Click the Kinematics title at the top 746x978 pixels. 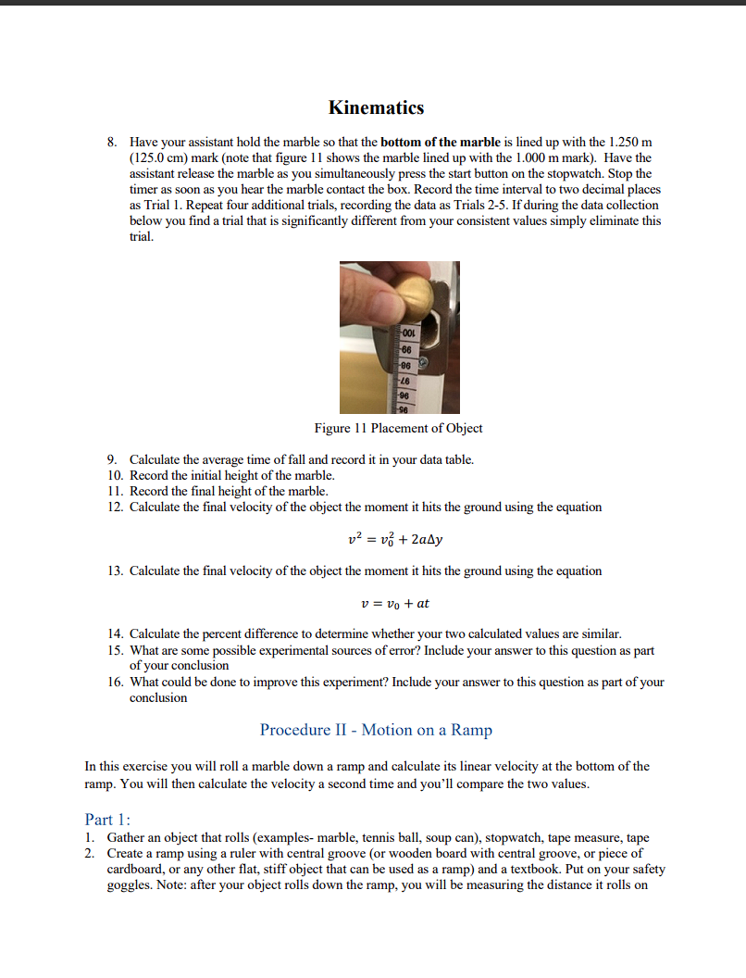[x=376, y=107]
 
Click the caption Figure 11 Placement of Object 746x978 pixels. [x=398, y=428]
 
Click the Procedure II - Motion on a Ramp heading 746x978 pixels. [x=376, y=730]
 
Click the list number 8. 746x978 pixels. [x=111, y=142]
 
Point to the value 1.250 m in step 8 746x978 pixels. [x=633, y=142]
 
